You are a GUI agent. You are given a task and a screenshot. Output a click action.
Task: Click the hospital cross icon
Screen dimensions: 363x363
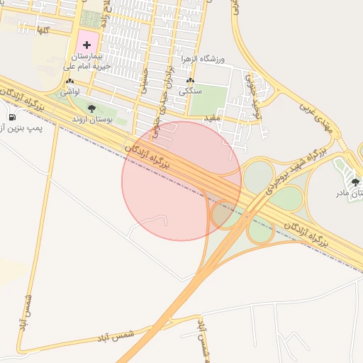[86, 45]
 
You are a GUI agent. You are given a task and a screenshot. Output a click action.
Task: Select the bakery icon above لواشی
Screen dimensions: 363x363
[69, 82]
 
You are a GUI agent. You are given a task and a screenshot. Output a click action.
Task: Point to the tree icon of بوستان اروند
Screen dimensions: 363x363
[91, 108]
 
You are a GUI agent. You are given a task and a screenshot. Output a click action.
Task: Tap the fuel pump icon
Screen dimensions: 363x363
[12, 116]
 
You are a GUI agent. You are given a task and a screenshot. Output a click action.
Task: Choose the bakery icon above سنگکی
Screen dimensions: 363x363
[189, 81]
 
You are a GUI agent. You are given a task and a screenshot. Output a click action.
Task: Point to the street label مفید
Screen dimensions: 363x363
[214, 116]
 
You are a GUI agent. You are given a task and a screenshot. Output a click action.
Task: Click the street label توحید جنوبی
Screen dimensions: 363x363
[258, 104]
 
